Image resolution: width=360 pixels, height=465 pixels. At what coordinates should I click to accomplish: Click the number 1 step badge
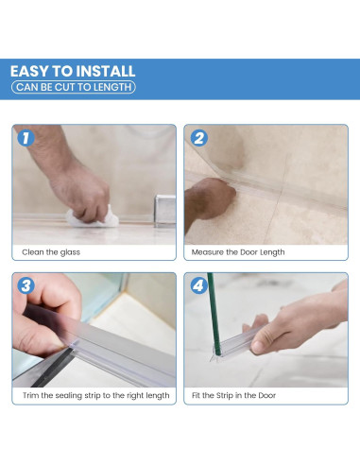[26, 138]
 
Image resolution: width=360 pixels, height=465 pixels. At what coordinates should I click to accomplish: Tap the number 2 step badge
[199, 138]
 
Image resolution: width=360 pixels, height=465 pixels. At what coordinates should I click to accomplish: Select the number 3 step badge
[26, 285]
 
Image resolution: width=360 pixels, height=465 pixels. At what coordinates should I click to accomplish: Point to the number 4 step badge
[199, 285]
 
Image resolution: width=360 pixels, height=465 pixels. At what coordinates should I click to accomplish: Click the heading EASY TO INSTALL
[73, 71]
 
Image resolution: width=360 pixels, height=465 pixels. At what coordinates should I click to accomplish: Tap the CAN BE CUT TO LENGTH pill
[74, 87]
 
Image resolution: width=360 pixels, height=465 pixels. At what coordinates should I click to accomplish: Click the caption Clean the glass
[51, 252]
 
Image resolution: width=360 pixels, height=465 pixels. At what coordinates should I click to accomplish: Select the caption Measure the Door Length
[238, 252]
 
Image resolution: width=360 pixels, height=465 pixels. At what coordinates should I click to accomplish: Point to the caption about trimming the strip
[96, 395]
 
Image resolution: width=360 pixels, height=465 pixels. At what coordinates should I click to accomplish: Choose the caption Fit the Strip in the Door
[233, 395]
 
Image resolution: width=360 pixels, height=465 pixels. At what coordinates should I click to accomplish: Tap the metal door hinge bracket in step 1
[164, 211]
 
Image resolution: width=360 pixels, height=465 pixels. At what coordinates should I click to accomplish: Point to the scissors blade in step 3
[54, 368]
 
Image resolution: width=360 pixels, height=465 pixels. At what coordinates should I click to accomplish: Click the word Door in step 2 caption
[249, 252]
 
